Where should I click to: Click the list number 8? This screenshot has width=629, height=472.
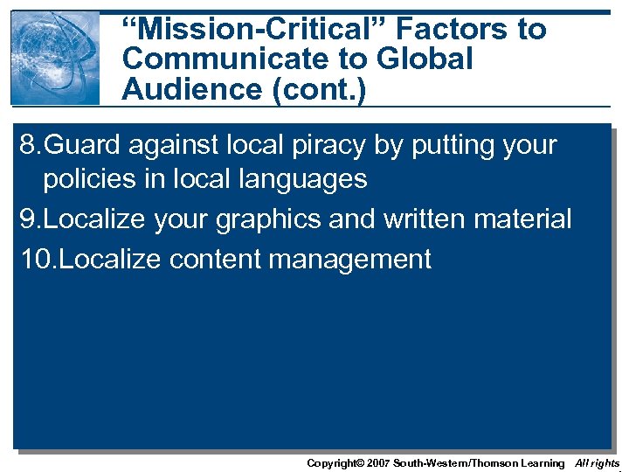click(27, 144)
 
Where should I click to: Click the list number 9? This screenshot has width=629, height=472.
click(27, 219)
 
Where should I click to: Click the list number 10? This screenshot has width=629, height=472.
click(34, 259)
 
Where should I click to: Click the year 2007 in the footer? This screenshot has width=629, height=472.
click(377, 462)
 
